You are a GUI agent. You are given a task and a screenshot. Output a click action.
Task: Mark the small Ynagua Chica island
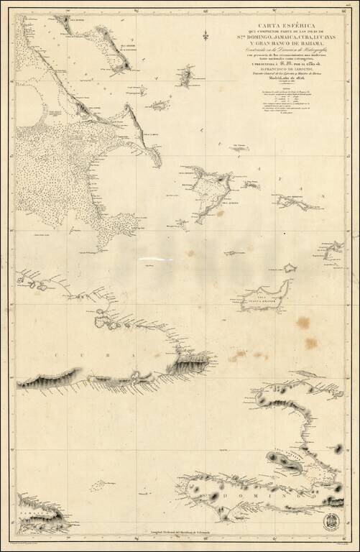290,268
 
